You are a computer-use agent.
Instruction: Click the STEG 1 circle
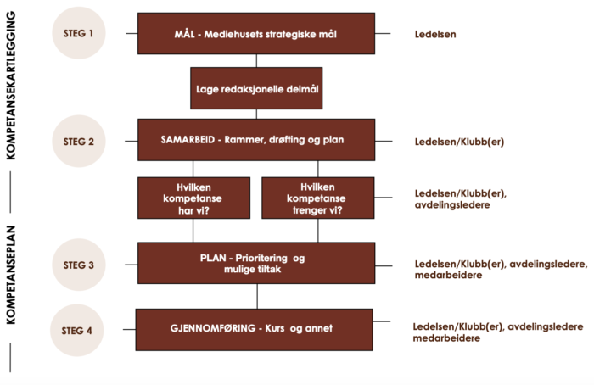pyautogui.click(x=82, y=34)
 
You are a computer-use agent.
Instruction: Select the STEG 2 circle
pyautogui.click(x=82, y=141)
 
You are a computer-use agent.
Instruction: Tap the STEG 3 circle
pyautogui.click(x=82, y=264)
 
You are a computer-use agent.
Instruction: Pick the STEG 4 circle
pyautogui.click(x=82, y=330)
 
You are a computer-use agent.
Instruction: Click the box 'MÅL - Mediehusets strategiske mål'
pyautogui.click(x=256, y=34)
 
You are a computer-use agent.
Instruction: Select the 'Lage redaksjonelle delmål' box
pyautogui.click(x=256, y=88)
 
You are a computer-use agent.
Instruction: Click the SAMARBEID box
pyautogui.click(x=256, y=140)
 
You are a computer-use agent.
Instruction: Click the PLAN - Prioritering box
pyautogui.click(x=256, y=263)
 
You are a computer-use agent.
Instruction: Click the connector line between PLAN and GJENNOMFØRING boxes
pyautogui.click(x=256, y=296)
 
